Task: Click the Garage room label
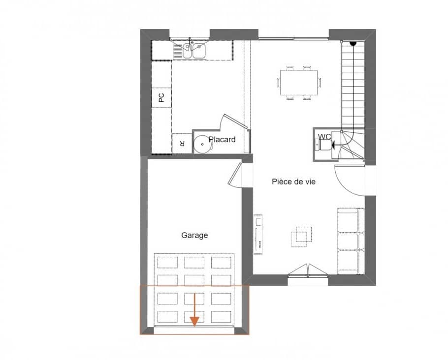[x=194, y=235]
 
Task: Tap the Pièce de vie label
[x=293, y=181]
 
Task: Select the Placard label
[x=222, y=140]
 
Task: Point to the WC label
[x=324, y=136]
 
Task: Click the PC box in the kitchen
[x=161, y=97]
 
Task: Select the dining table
[x=299, y=82]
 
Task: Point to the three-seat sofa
[x=350, y=241]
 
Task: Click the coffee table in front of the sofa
[x=301, y=236]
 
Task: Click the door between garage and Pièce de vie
[x=235, y=174]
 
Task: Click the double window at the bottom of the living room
[x=307, y=272]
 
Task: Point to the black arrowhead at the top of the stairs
[x=352, y=44]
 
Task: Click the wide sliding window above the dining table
[x=294, y=39]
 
